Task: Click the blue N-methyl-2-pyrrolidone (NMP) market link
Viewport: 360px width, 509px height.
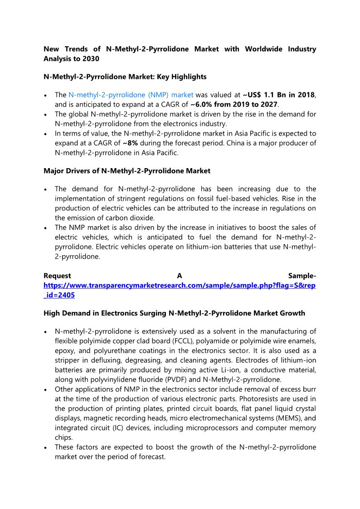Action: point(131,95)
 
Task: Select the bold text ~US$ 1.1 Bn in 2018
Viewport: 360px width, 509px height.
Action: point(278,95)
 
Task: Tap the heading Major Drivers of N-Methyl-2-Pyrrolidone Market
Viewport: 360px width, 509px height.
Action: point(127,171)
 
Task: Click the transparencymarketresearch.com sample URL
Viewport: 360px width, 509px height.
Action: point(180,286)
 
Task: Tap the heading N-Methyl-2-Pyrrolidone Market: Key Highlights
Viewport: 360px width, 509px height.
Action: point(125,77)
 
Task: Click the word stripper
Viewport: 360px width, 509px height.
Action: point(68,360)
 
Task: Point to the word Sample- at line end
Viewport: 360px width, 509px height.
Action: point(302,276)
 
